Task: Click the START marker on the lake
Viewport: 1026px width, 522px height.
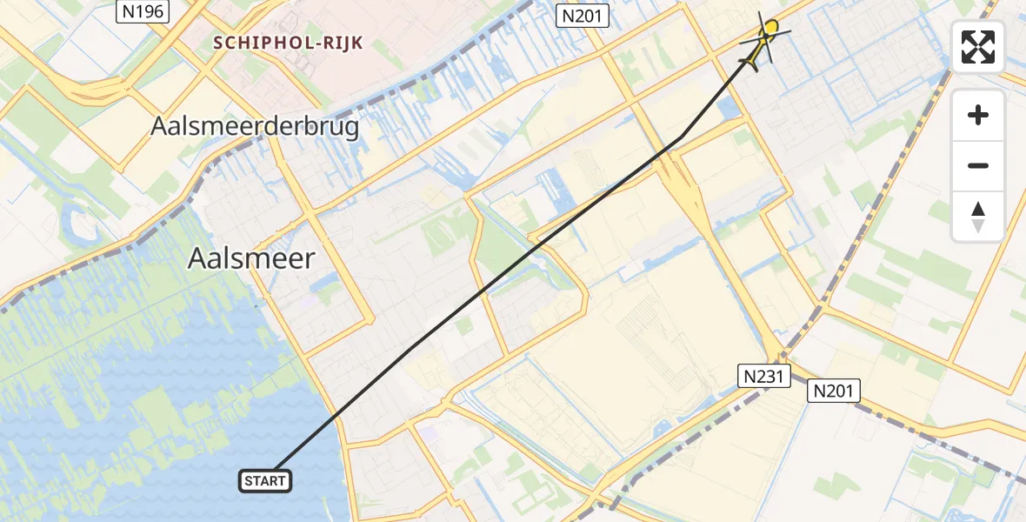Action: [x=264, y=480]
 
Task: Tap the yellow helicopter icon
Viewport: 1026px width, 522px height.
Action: [x=762, y=43]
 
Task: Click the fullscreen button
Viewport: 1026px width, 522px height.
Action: [x=978, y=46]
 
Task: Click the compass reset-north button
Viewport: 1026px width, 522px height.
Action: [x=978, y=217]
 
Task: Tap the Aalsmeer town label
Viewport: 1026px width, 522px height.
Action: [x=251, y=258]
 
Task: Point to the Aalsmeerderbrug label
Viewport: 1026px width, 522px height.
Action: [x=255, y=126]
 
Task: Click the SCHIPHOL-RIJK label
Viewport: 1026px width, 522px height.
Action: [x=289, y=42]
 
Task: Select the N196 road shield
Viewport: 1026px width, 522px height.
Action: [x=142, y=11]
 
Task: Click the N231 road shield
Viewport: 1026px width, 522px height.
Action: [x=764, y=376]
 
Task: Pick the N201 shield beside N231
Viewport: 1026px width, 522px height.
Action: [x=833, y=391]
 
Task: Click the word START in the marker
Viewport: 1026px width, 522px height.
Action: [x=264, y=480]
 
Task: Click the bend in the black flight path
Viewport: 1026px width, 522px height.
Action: [x=680, y=137]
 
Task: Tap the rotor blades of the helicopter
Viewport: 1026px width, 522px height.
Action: [x=766, y=32]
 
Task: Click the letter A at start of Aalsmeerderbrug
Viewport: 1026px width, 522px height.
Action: [x=159, y=126]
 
